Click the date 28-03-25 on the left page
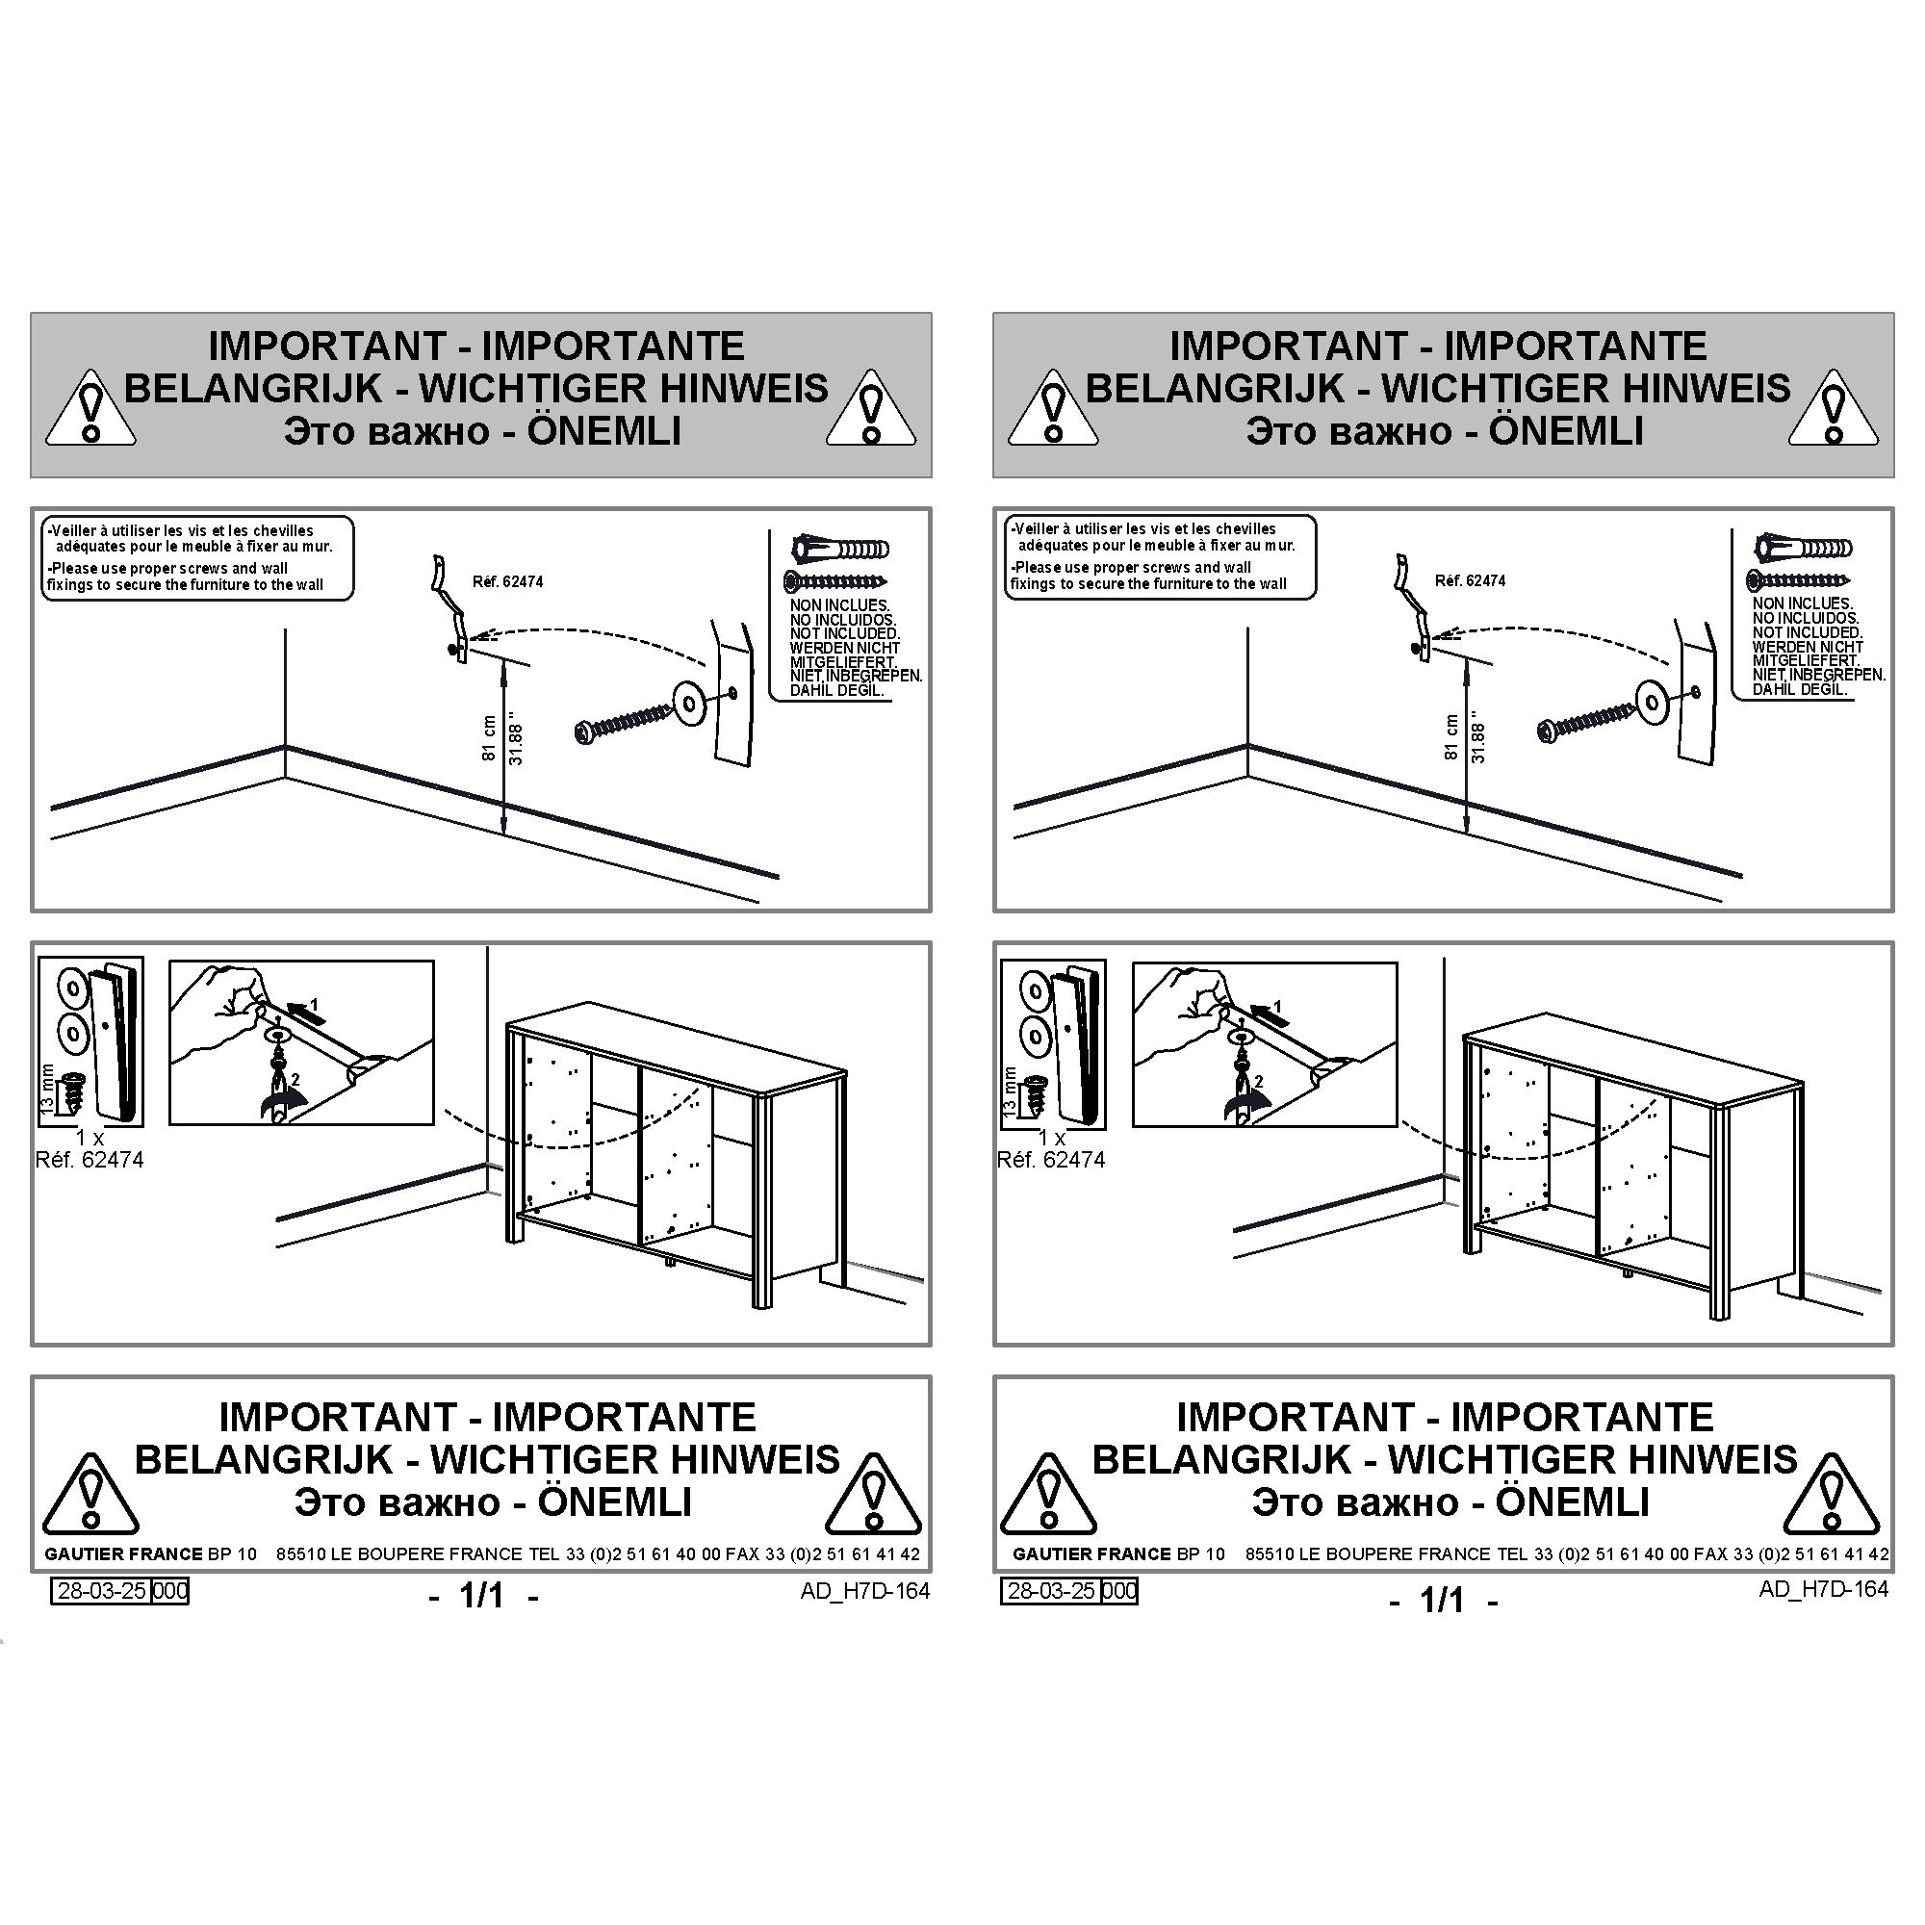[103, 1590]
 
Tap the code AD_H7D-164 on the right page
[1823, 1588]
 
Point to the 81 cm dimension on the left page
[489, 738]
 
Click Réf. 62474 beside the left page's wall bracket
[508, 581]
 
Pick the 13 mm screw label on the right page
[1011, 1091]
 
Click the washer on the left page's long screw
[689, 703]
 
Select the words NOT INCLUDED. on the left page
[845, 633]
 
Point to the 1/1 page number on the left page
[482, 1595]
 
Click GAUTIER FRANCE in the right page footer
[1092, 1553]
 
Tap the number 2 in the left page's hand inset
[295, 1079]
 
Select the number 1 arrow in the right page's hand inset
[1266, 1013]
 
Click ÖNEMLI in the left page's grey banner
[603, 431]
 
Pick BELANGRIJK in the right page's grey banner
[1215, 388]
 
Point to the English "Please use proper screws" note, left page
[186, 577]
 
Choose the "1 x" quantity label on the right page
[1051, 1137]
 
